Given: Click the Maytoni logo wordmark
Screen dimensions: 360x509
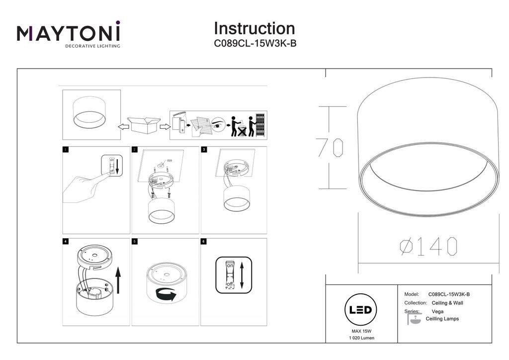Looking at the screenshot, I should [69, 33].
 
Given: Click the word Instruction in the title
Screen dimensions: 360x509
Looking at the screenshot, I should [254, 28].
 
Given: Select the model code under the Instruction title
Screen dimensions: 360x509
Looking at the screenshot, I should [255, 43].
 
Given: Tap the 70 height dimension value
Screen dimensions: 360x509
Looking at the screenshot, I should [330, 148].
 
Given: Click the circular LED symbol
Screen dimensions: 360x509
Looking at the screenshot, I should [360, 310].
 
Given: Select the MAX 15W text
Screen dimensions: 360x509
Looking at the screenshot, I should [361, 331].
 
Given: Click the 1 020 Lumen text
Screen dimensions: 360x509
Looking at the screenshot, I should [361, 338].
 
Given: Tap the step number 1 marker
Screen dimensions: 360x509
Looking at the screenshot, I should [66, 149].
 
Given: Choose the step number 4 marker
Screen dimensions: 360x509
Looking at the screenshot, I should [66, 242].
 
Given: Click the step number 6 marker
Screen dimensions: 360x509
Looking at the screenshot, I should [203, 242].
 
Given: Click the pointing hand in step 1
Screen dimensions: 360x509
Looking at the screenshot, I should [85, 186].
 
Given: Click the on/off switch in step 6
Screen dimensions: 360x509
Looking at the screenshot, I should [230, 275].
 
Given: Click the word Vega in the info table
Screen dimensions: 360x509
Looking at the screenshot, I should [438, 311].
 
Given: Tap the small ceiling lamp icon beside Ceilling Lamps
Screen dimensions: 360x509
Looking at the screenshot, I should [415, 320].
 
